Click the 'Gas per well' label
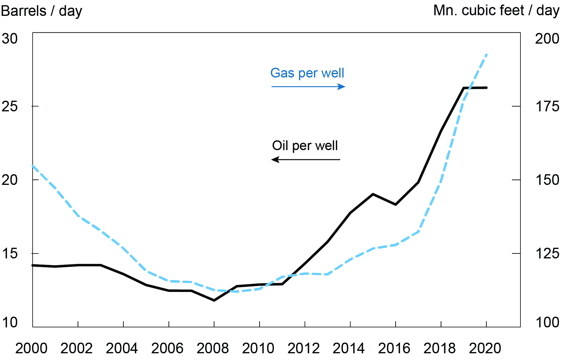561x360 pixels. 307,73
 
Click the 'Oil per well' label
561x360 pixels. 305,146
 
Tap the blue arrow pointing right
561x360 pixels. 308,87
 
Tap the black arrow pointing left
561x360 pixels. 306,160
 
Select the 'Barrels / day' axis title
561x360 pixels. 41,11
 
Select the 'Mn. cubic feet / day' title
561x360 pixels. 496,10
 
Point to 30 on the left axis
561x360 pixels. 10,39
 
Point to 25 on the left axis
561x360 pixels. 10,106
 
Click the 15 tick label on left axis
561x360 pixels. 10,254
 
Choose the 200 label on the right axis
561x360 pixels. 547,39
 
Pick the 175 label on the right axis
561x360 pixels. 547,106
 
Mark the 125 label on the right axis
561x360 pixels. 547,254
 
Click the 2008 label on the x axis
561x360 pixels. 213,348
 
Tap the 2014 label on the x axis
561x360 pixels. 349,348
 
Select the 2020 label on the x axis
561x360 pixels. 485,348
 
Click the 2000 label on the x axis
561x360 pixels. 31,348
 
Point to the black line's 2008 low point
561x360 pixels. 214,301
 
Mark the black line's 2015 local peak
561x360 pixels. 373,194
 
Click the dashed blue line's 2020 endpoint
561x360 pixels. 487,55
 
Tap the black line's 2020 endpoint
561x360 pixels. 486,88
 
